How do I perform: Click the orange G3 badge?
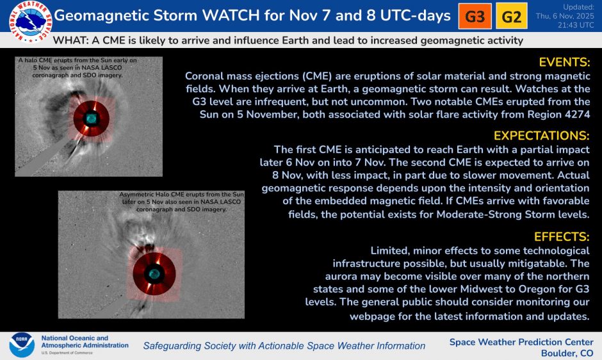tap(475, 17)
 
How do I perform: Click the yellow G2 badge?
tap(511, 17)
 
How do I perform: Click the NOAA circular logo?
tap(21, 345)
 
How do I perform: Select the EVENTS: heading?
tap(564, 63)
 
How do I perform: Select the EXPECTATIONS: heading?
tap(542, 136)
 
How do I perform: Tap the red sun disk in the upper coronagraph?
tap(92, 118)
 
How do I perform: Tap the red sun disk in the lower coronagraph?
tap(154, 272)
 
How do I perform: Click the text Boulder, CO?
tap(567, 353)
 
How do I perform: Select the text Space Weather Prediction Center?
tap(521, 341)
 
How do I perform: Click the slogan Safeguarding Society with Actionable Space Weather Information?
tap(284, 346)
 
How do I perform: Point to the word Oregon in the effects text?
tap(535, 289)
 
